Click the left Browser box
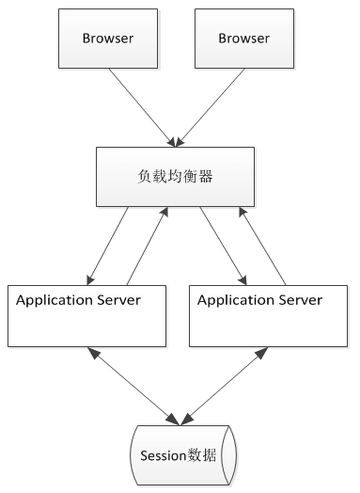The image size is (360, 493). [108, 40]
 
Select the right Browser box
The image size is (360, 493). [243, 40]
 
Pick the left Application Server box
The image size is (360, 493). [86, 315]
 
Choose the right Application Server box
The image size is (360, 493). [269, 315]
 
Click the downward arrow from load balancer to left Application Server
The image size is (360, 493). [109, 245]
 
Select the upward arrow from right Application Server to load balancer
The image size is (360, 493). [262, 244]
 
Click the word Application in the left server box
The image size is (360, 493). [53, 301]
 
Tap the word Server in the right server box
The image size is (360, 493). [296, 301]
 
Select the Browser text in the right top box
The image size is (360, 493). [243, 39]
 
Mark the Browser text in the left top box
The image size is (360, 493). [108, 39]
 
